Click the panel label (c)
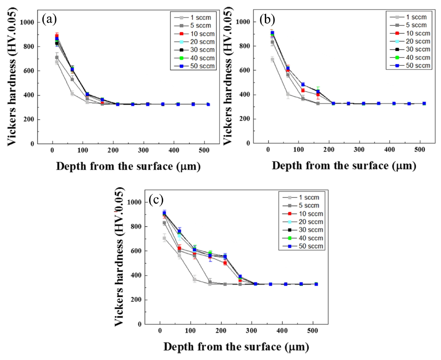(156, 200)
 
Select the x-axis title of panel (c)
(236, 347)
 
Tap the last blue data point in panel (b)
(423, 103)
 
